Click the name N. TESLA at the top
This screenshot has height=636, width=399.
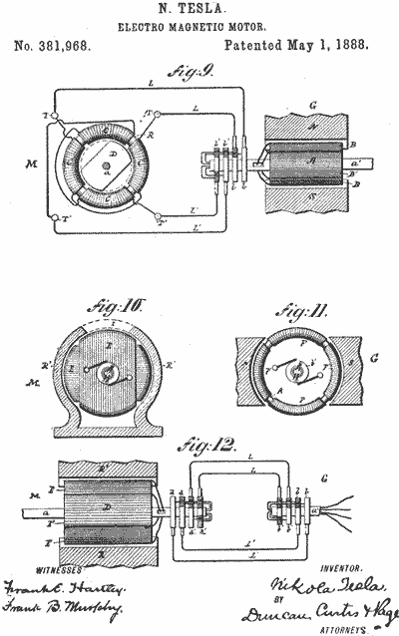click(199, 10)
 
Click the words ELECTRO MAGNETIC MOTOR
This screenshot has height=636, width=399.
click(199, 27)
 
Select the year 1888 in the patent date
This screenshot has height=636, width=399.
click(344, 46)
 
